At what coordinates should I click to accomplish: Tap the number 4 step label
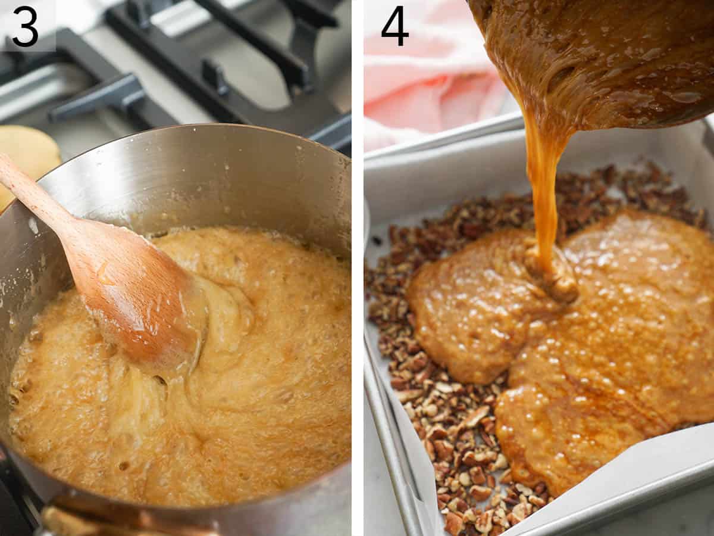394,26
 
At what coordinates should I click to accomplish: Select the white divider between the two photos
357,268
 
